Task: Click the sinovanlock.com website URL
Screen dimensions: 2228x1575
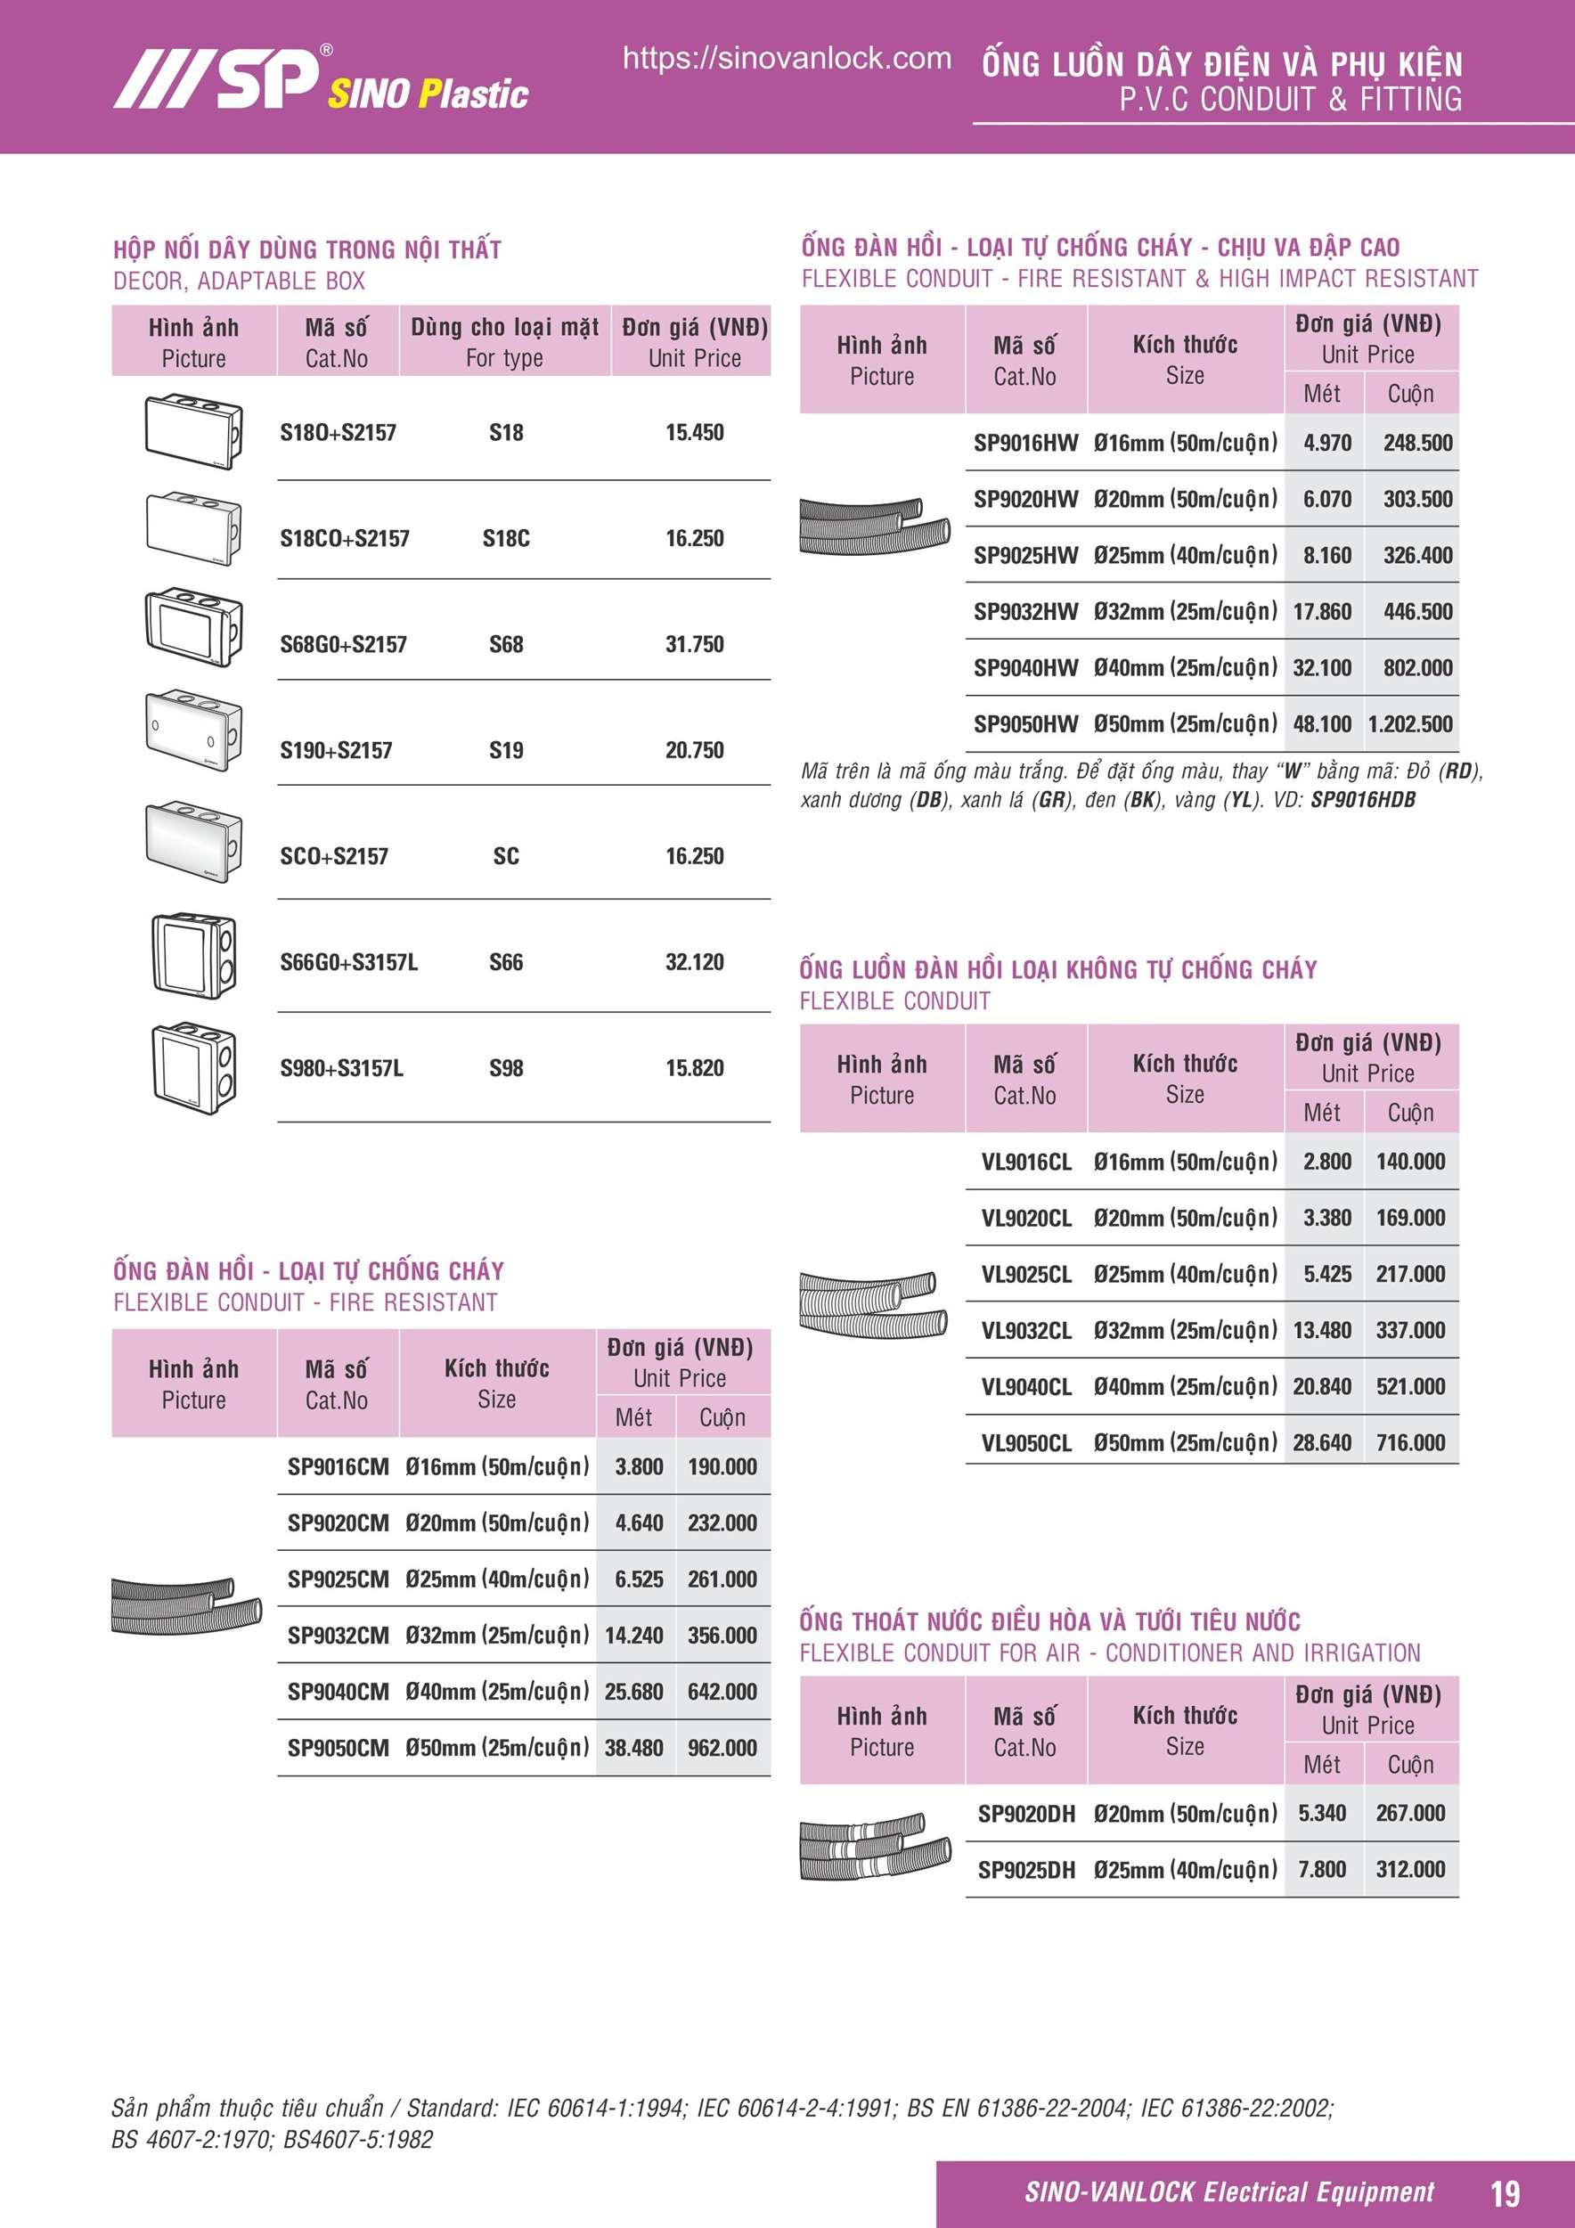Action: pyautogui.click(x=786, y=58)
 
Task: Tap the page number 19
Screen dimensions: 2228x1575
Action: pyautogui.click(x=1504, y=2192)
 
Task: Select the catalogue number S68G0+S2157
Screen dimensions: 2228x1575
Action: pyautogui.click(x=344, y=644)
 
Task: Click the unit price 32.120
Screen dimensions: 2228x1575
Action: pyautogui.click(x=694, y=961)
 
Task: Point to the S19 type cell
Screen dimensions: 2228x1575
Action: pyautogui.click(x=506, y=750)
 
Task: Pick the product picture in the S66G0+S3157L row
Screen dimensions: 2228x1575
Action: pyautogui.click(x=192, y=955)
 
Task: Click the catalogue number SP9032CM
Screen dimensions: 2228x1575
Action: pyautogui.click(x=338, y=1635)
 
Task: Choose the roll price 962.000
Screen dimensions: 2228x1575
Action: pyautogui.click(x=722, y=1748)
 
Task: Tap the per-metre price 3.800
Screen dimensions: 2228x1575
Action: pyautogui.click(x=639, y=1466)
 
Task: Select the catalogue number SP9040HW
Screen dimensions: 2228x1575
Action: pyautogui.click(x=1025, y=667)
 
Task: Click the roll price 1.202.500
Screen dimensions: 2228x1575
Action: pyautogui.click(x=1410, y=724)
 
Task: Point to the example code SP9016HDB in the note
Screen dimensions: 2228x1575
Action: pyautogui.click(x=1362, y=800)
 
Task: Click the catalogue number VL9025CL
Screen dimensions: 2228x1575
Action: pyautogui.click(x=1025, y=1274)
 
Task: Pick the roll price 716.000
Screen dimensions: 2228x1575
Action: pyautogui.click(x=1410, y=1443)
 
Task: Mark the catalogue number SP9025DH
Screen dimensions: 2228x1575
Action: pyautogui.click(x=1025, y=1870)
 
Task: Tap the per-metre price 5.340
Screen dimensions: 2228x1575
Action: pyautogui.click(x=1322, y=1813)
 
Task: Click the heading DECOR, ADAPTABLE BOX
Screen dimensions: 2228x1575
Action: pyautogui.click(x=239, y=282)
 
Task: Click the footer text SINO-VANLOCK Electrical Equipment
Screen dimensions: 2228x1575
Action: pyautogui.click(x=1228, y=2192)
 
